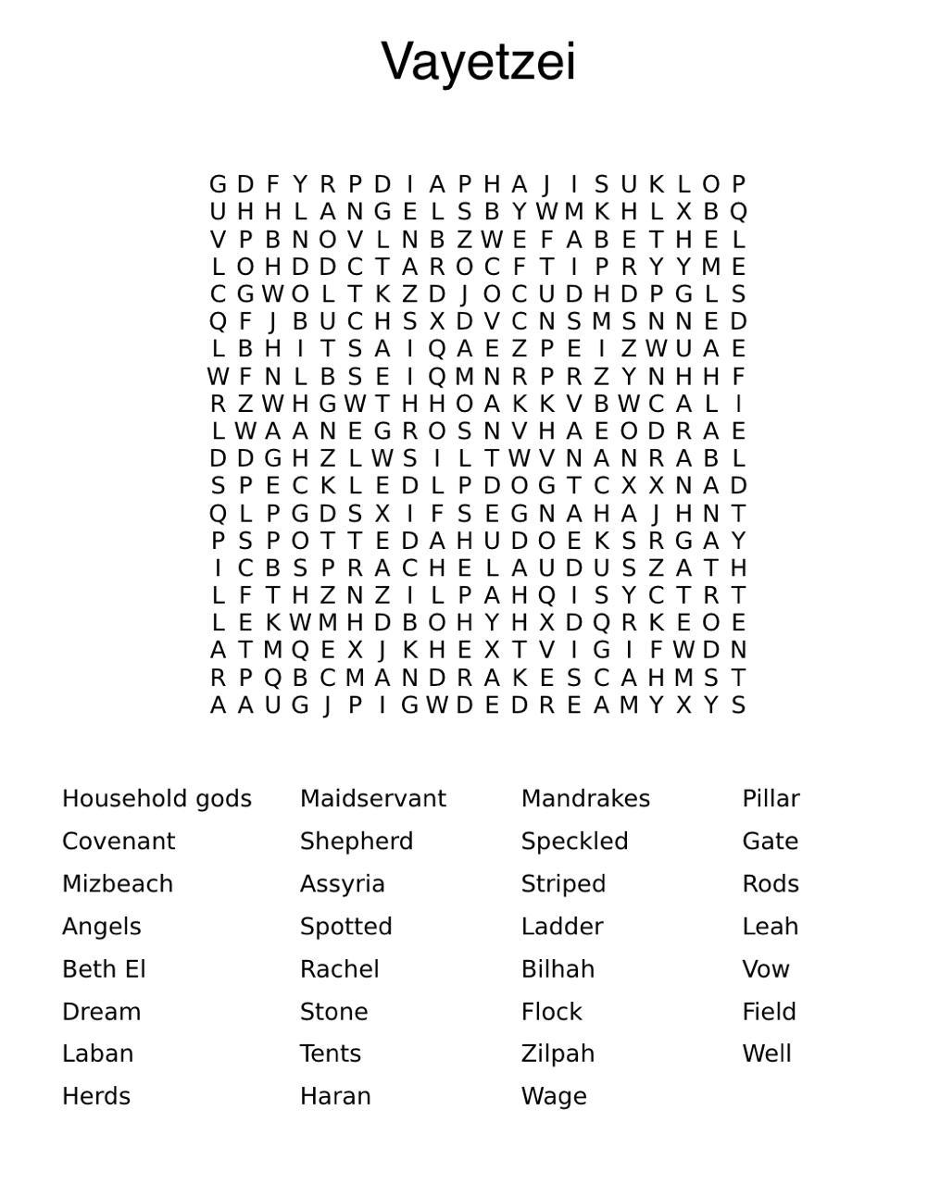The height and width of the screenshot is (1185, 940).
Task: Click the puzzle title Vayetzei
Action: pyautogui.click(x=478, y=62)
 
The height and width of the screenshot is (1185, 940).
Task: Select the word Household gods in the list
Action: pyautogui.click(x=157, y=798)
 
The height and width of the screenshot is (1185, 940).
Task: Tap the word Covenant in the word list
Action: pyautogui.click(x=119, y=841)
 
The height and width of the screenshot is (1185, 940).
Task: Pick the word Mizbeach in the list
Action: pyautogui.click(x=118, y=883)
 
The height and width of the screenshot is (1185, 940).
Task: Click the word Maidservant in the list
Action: pyautogui.click(x=373, y=798)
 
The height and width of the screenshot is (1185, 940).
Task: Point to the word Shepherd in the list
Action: pyautogui.click(x=357, y=841)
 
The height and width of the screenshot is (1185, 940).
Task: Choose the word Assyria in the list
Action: pyautogui.click(x=343, y=884)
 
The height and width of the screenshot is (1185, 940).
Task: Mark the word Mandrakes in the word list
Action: pyautogui.click(x=585, y=798)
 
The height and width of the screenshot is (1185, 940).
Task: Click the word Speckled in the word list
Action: pyautogui.click(x=574, y=841)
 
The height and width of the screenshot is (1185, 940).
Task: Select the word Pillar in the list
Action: pyautogui.click(x=771, y=798)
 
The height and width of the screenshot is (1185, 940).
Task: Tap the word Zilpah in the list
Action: pyautogui.click(x=558, y=1054)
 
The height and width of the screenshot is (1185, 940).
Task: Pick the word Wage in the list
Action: pyautogui.click(x=554, y=1096)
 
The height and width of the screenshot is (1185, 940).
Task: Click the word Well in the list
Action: pyautogui.click(x=767, y=1054)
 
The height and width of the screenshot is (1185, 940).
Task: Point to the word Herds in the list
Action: pyautogui.click(x=96, y=1096)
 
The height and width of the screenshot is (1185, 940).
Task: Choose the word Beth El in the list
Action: pyautogui.click(x=104, y=968)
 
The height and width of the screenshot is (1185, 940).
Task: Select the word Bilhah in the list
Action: pyautogui.click(x=558, y=968)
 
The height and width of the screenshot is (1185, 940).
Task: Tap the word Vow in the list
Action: pyautogui.click(x=766, y=968)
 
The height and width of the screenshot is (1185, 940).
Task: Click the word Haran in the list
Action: pyautogui.click(x=335, y=1096)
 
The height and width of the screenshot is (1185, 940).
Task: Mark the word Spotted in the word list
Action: pyautogui.click(x=346, y=926)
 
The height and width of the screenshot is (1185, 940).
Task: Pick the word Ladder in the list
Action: pyautogui.click(x=562, y=926)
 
